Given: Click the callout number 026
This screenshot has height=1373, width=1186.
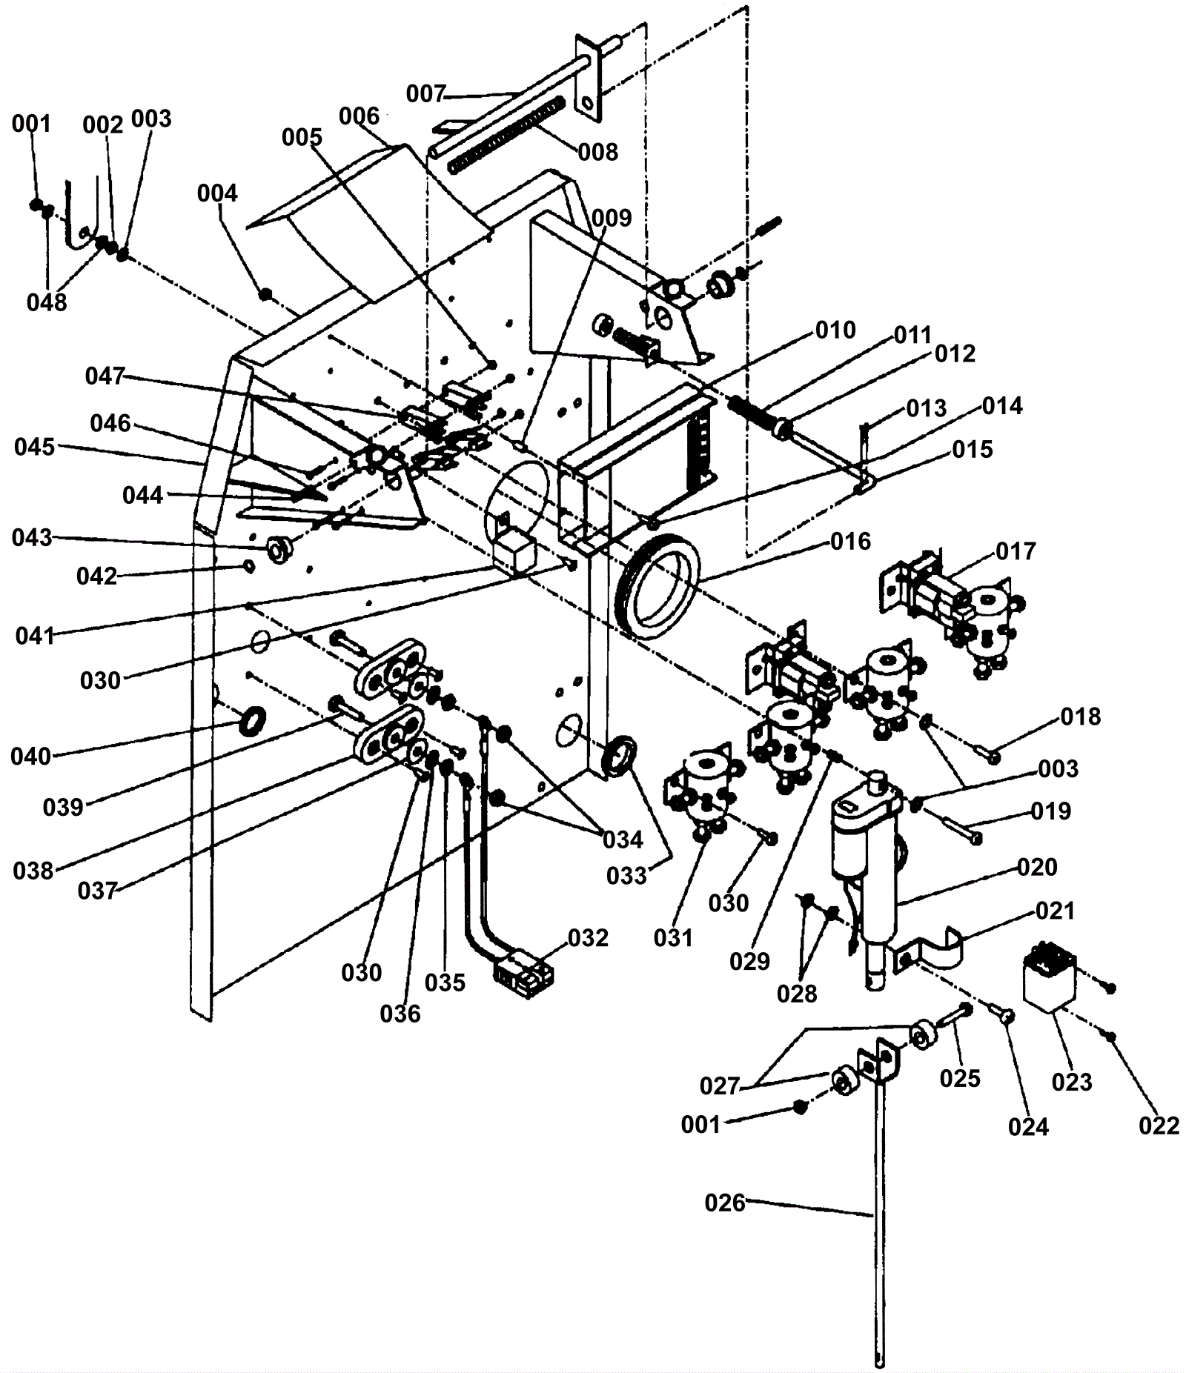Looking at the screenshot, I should (x=724, y=1202).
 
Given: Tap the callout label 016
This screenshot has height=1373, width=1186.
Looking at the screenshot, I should (x=850, y=542).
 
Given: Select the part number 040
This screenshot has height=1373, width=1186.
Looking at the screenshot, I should (x=31, y=757).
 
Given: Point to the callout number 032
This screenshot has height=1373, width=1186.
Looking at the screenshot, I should (x=588, y=938).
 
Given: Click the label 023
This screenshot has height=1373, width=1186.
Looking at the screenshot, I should (x=1072, y=1083).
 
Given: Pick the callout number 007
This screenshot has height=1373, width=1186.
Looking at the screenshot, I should (x=425, y=94).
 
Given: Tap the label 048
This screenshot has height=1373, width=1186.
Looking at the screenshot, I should (x=46, y=302).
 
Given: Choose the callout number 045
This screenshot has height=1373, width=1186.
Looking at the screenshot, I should (x=34, y=448).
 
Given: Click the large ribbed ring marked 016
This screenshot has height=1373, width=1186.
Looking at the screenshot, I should (x=657, y=585).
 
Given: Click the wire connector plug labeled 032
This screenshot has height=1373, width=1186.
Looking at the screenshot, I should (x=523, y=979).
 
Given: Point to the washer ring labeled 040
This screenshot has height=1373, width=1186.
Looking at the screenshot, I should (x=254, y=719).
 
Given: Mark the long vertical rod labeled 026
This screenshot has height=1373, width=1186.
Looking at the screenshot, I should (x=880, y=1223).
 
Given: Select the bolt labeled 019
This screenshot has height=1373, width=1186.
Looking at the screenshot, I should (x=956, y=827).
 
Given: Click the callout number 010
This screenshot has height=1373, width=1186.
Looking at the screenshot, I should (x=835, y=330).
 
